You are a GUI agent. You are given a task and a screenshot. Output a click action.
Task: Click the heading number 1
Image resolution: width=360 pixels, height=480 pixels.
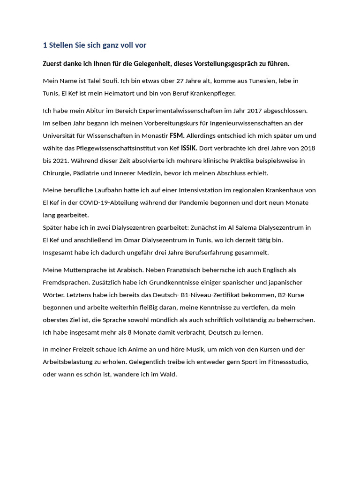point(45,45)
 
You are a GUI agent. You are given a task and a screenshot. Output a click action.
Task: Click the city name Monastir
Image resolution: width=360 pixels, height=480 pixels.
point(154,136)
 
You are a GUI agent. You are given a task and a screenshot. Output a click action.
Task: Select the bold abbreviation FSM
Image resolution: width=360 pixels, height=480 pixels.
point(177,136)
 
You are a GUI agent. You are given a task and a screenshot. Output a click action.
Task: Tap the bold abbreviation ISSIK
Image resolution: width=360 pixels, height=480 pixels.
point(189,148)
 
